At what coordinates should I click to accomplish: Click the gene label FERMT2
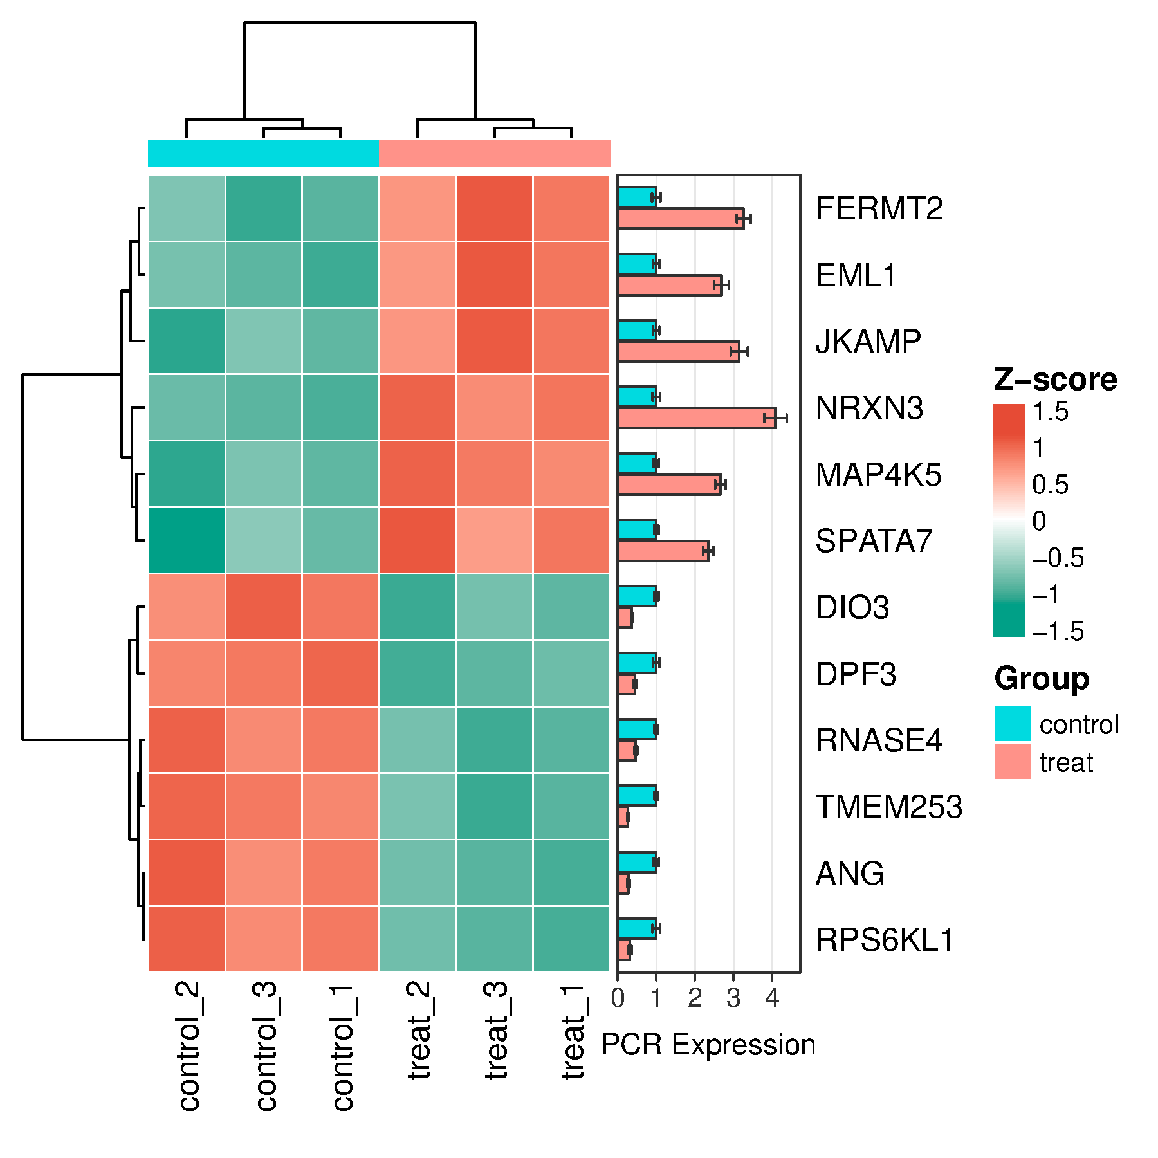pyautogui.click(x=879, y=208)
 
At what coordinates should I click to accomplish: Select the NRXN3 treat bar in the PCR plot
pyautogui.click(x=696, y=418)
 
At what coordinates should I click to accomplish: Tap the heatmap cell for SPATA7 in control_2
pyautogui.click(x=187, y=540)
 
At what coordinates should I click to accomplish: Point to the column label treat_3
pyautogui.click(x=497, y=1030)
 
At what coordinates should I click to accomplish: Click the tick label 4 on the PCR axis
pyautogui.click(x=772, y=998)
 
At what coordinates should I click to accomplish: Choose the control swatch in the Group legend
pyautogui.click(x=1013, y=724)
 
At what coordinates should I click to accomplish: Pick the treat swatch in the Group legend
pyautogui.click(x=1013, y=761)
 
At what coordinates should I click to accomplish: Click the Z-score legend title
pyautogui.click(x=1055, y=380)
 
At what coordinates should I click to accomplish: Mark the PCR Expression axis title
pyautogui.click(x=708, y=1045)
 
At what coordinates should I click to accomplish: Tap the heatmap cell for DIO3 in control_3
pyautogui.click(x=264, y=607)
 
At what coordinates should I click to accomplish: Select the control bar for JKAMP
pyautogui.click(x=637, y=330)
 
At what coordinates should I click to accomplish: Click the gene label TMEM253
pyautogui.click(x=889, y=807)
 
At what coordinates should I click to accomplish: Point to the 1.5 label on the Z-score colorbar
pyautogui.click(x=1051, y=412)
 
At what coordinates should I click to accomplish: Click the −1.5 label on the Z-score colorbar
pyautogui.click(x=1058, y=631)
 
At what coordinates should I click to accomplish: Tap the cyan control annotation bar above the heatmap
pyautogui.click(x=264, y=154)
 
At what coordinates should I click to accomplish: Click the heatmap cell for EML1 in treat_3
pyautogui.click(x=495, y=275)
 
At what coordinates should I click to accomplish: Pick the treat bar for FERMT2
pyautogui.click(x=681, y=218)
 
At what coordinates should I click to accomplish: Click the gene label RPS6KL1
pyautogui.click(x=885, y=940)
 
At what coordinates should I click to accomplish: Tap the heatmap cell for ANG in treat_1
pyautogui.click(x=571, y=873)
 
